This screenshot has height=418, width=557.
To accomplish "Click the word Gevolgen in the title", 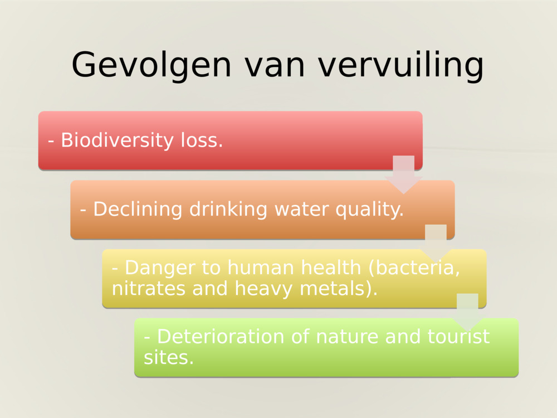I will [x=151, y=65].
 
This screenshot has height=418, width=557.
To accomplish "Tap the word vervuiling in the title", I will [x=400, y=65].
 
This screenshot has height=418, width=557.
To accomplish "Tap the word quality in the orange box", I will [x=374, y=210].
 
